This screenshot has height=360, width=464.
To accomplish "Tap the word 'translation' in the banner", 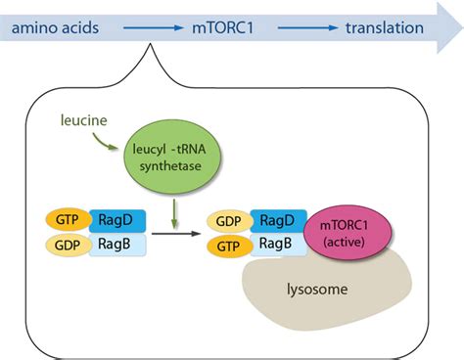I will coord(384,27).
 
